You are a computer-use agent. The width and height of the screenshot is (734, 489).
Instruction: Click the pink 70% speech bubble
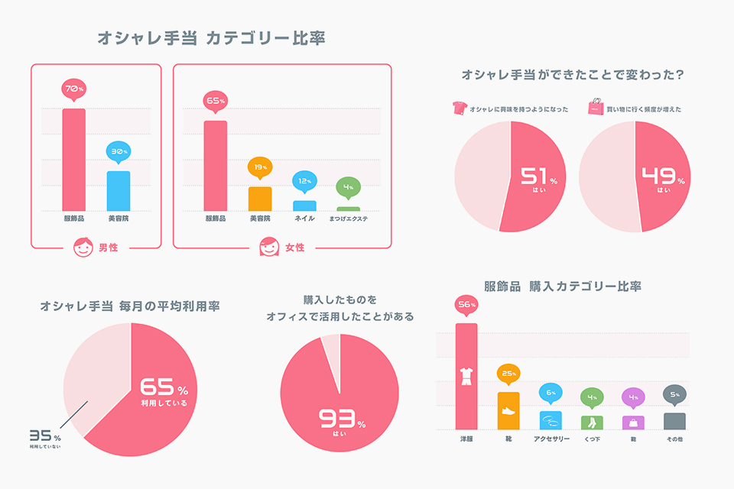pyautogui.click(x=73, y=89)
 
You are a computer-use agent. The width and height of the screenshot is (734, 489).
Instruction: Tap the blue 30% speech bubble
pyautogui.click(x=118, y=151)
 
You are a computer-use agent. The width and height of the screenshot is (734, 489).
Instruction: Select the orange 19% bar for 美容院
pyautogui.click(x=260, y=199)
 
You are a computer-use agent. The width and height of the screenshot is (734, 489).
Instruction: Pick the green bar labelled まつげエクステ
pyautogui.click(x=348, y=209)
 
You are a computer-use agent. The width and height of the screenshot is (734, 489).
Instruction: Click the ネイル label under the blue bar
pyautogui.click(x=304, y=219)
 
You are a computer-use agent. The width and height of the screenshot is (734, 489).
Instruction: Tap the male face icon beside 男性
pyautogui.click(x=82, y=248)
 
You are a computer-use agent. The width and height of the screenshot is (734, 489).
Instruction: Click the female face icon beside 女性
pyautogui.click(x=268, y=248)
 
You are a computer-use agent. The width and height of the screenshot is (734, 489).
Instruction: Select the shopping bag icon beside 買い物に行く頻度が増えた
pyautogui.click(x=596, y=108)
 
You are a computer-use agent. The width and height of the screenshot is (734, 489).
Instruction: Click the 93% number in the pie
pyautogui.click(x=339, y=419)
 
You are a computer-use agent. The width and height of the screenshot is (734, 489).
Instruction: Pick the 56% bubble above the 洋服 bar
pyautogui.click(x=466, y=304)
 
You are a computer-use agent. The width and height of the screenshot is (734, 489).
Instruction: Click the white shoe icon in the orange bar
pyautogui.click(x=508, y=412)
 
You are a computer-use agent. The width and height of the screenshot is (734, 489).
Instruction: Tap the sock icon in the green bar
pyautogui.click(x=592, y=422)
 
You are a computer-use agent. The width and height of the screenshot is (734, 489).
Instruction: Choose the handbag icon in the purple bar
pyautogui.click(x=633, y=422)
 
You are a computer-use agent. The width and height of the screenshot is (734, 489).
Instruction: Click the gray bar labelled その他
pyautogui.click(x=674, y=422)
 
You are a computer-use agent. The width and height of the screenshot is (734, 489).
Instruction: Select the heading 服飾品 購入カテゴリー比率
pyautogui.click(x=562, y=287)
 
